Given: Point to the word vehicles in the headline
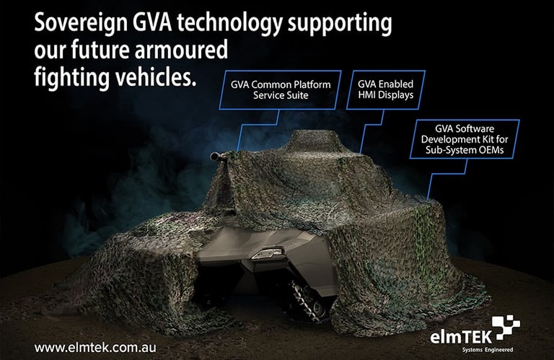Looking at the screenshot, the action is point(157,77).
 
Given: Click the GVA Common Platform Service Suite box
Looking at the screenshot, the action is point(281,90).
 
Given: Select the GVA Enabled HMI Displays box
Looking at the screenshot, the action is point(385,90).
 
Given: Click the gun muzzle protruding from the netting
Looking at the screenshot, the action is point(214,155).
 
